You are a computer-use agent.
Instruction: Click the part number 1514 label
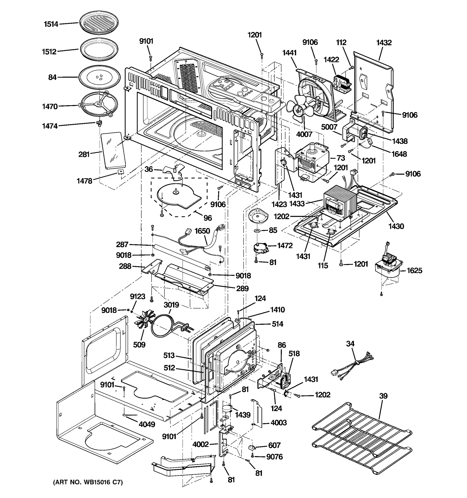51,24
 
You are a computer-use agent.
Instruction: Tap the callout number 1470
50,106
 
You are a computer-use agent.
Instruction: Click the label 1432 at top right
384,43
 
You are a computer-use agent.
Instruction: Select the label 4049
147,424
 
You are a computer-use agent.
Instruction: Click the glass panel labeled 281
113,151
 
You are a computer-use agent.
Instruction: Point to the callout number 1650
202,231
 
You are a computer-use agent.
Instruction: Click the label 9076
274,457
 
